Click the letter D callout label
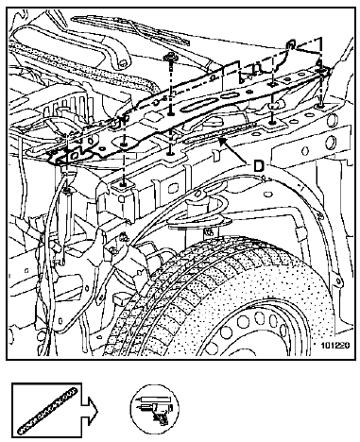coord(259,166)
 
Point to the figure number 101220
coord(335,346)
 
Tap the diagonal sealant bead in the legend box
coord(47,411)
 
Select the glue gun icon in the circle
coord(160,413)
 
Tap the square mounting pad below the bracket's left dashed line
coord(124,186)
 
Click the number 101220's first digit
coord(323,346)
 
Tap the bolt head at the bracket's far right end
coord(320,72)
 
